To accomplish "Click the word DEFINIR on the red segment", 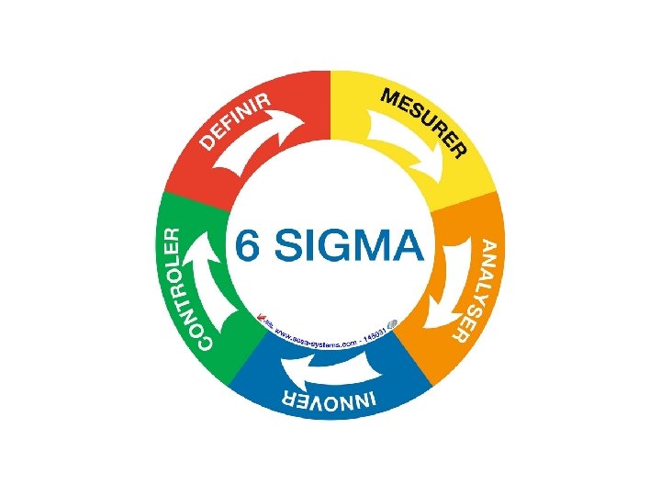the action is tap(236, 122).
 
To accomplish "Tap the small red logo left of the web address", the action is tap(265, 321).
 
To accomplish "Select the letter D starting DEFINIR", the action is tap(210, 142).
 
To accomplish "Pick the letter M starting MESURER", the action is tap(389, 97).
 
